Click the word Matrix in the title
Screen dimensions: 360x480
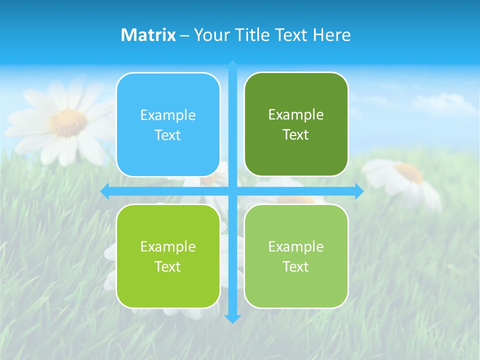coord(148,35)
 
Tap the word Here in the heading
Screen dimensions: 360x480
coord(331,35)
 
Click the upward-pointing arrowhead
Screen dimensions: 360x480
coord(232,65)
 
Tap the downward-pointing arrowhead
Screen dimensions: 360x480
coord(232,318)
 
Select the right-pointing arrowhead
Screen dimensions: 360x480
coord(359,191)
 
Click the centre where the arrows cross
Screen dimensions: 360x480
coord(232,191)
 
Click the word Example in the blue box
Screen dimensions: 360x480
coord(168,115)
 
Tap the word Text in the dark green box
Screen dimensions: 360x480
coord(296,135)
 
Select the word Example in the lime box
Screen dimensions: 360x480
coord(168,247)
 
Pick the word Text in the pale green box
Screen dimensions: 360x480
coord(296,266)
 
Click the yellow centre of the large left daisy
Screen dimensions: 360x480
coord(68,122)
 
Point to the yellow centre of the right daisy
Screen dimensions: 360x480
coord(410,172)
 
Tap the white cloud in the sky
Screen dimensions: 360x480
coord(445,103)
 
